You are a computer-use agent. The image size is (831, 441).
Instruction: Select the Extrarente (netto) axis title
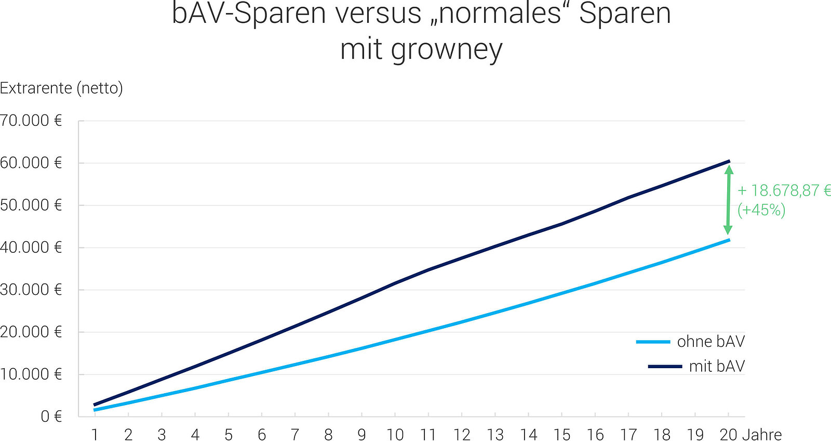tap(61, 88)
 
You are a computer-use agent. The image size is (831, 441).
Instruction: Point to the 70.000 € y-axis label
tap(31, 121)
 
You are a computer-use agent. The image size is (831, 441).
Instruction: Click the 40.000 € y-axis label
tap(31, 248)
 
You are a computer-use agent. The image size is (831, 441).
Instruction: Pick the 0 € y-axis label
tap(51, 417)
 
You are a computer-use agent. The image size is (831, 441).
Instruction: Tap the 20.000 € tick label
tap(31, 332)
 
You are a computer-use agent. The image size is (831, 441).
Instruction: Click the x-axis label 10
tap(395, 434)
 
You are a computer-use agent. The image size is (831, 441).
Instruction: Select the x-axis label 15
tap(561, 434)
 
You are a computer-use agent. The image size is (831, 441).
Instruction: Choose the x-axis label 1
tap(95, 434)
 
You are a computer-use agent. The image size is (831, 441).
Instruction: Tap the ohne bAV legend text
tap(711, 342)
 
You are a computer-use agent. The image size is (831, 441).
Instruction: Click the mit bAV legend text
tap(717, 367)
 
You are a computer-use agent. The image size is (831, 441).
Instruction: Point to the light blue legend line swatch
tap(653, 342)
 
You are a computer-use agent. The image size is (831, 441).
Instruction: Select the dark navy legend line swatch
tap(665, 367)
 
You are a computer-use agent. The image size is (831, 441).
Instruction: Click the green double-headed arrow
tap(728, 200)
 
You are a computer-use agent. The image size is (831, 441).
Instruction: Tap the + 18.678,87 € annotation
tap(784, 190)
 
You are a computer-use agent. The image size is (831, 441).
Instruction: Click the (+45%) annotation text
tap(761, 210)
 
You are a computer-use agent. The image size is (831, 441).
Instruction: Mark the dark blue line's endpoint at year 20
tap(729, 161)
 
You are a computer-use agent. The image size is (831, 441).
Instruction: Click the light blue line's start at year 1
tap(95, 410)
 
